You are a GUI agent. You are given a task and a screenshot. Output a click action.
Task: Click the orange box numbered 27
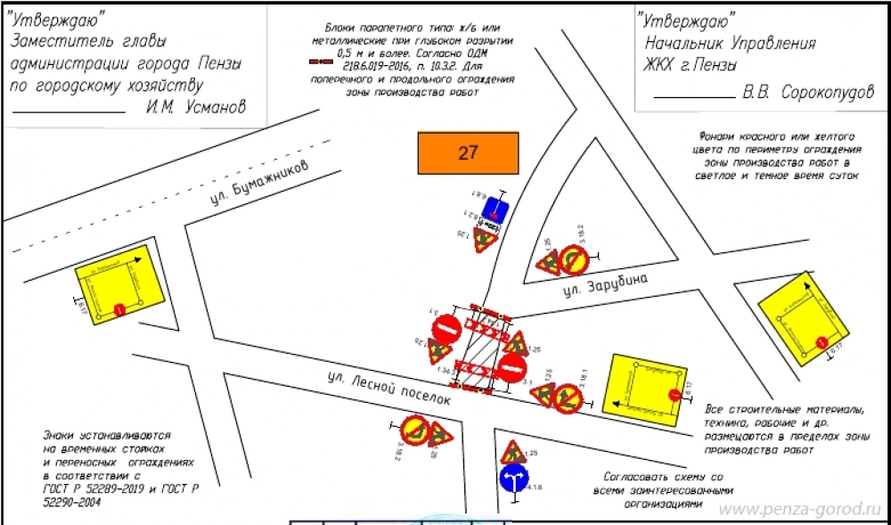pyautogui.click(x=468, y=152)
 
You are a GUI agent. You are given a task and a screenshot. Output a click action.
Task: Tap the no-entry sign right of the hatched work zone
pyautogui.click(x=512, y=368)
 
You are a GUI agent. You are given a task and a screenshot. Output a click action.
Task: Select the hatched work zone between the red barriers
pyautogui.click(x=481, y=348)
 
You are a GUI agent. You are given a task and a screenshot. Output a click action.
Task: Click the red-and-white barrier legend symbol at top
pyautogui.click(x=321, y=64)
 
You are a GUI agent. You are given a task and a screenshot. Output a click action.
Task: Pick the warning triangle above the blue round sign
pyautogui.click(x=511, y=451)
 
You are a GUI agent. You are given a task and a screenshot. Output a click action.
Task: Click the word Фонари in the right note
pyautogui.click(x=718, y=137)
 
